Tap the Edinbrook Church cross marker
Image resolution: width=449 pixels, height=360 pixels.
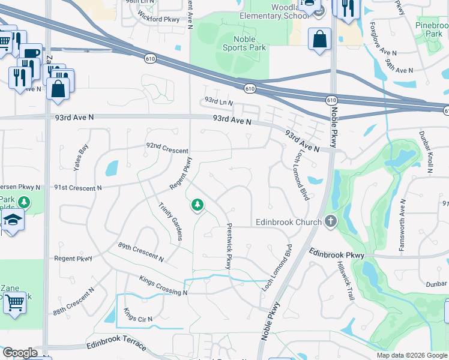pos(330,222)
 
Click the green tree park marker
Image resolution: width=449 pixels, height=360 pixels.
pos(197,206)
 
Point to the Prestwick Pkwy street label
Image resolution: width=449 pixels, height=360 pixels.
pos(229,246)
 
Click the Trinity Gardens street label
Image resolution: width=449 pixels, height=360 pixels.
pos(170,221)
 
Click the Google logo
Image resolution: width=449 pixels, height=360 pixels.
pos(19,353)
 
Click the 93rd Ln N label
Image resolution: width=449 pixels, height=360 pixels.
pos(218,101)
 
